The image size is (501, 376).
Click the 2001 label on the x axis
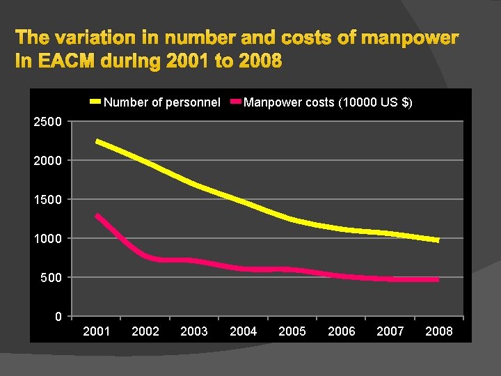coord(96,331)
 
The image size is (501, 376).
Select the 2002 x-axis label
coord(145,331)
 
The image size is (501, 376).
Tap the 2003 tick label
coord(194,331)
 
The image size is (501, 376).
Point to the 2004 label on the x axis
coord(243,331)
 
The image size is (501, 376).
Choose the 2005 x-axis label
coord(292,331)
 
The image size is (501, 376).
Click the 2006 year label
coord(341,331)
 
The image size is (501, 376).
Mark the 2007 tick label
coord(390,331)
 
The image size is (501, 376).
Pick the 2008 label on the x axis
coord(439,331)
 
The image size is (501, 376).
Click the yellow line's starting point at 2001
coord(97,141)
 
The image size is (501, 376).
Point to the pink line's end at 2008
coord(438,279)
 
